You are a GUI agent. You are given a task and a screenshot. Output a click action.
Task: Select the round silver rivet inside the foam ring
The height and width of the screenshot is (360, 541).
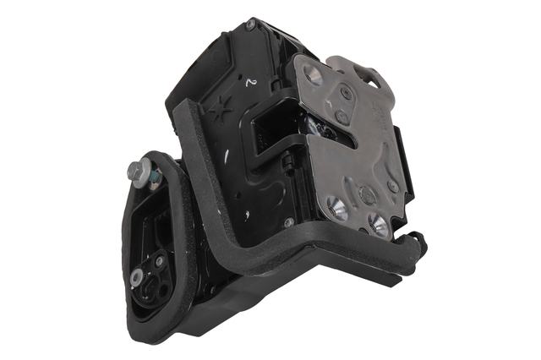click(x=136, y=277)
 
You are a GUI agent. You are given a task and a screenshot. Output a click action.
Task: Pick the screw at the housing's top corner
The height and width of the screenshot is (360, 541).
click(x=251, y=25)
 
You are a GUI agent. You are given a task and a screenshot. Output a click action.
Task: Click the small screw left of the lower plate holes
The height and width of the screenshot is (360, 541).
click(x=289, y=222)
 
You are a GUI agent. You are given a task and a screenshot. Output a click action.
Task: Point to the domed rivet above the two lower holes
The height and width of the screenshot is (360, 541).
click(x=367, y=195)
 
